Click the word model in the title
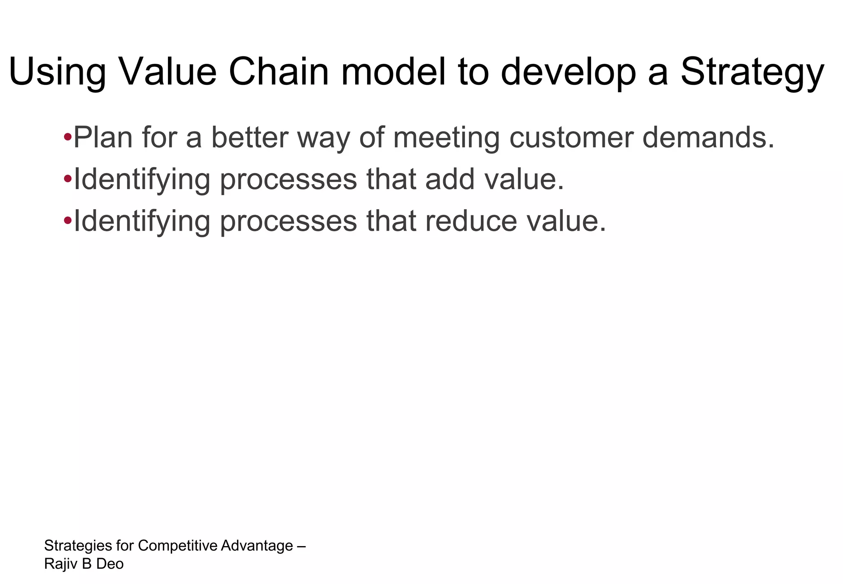pyautogui.click(x=394, y=72)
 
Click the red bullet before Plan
pyautogui.click(x=68, y=136)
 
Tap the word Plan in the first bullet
pyautogui.click(x=103, y=138)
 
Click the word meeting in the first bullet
pyautogui.click(x=446, y=138)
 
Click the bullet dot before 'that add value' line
pyautogui.click(x=68, y=179)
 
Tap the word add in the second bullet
pyautogui.click(x=450, y=180)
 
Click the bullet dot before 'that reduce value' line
pyautogui.click(x=68, y=220)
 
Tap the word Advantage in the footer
pyautogui.click(x=257, y=546)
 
